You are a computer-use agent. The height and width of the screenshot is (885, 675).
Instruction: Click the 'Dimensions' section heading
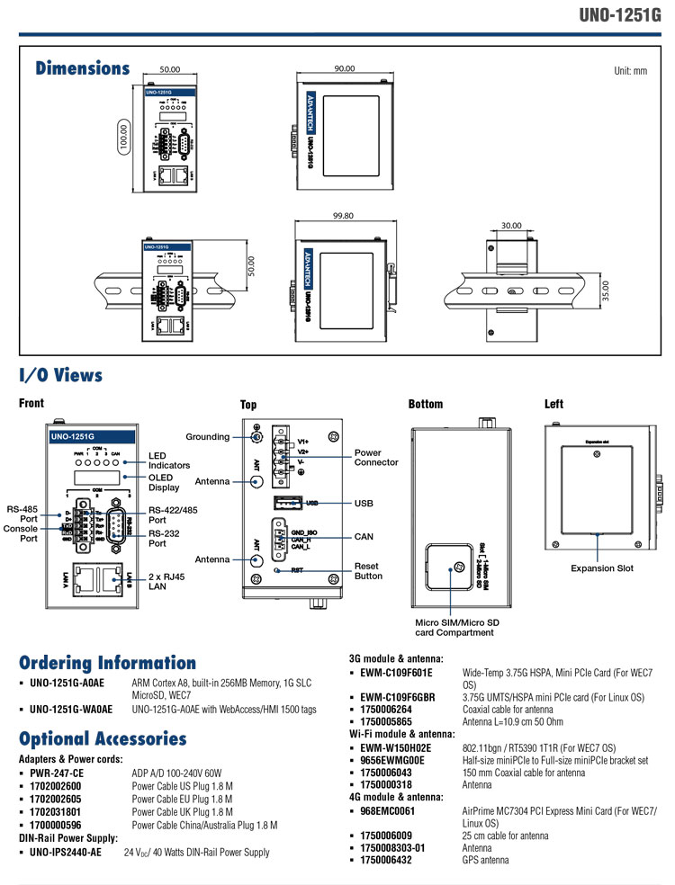[82, 68]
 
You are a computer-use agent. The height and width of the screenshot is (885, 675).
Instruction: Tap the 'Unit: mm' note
[630, 70]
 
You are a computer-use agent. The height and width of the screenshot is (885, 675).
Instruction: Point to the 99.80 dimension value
[343, 216]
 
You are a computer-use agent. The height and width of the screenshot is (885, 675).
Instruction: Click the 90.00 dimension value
[343, 68]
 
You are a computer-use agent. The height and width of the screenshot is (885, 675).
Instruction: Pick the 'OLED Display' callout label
[164, 482]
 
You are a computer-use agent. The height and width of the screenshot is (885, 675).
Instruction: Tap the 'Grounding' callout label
[208, 437]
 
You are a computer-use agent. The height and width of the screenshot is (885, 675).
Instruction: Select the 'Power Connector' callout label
[376, 458]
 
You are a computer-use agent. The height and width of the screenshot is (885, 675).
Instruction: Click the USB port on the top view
[286, 504]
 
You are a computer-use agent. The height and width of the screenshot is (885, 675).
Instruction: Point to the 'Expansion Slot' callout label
[601, 568]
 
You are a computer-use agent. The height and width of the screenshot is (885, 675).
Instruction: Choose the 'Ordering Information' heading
[107, 663]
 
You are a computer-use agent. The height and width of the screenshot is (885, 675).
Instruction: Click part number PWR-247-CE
[57, 773]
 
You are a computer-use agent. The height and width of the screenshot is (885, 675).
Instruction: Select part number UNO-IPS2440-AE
[65, 852]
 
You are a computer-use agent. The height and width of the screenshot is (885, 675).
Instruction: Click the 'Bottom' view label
[425, 405]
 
